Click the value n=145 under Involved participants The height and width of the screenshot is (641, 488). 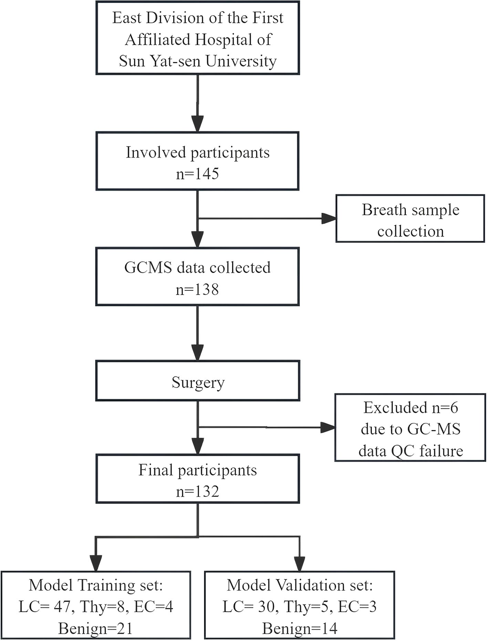[x=197, y=173]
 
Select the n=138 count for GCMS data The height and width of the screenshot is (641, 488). [x=197, y=289]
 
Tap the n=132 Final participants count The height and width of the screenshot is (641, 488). [x=197, y=491]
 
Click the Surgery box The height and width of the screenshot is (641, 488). [x=198, y=381]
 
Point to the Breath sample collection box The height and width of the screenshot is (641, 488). [x=410, y=218]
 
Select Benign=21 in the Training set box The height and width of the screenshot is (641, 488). [x=95, y=629]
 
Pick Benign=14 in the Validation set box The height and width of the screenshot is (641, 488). [x=300, y=629]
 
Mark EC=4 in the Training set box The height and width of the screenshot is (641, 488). [x=153, y=607]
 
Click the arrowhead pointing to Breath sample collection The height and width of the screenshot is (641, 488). [x=329, y=218]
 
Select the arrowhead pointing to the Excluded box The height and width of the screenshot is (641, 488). [x=328, y=428]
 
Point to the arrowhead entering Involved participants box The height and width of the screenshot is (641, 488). [x=198, y=124]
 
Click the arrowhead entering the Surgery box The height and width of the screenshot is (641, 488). [x=198, y=352]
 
